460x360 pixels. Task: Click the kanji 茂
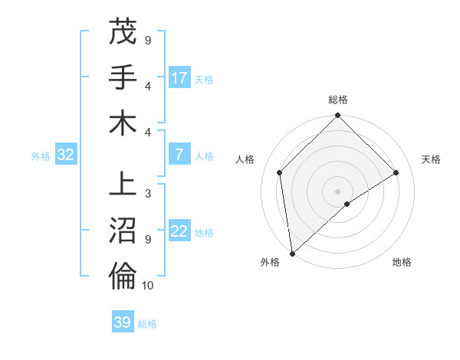coord(123,32)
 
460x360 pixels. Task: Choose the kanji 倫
coord(123,277)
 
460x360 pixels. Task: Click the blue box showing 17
coord(179,78)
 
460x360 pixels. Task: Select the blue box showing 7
coord(179,155)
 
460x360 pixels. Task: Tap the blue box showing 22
coord(179,232)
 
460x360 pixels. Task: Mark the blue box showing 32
coord(66,155)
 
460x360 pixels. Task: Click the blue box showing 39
coord(122,322)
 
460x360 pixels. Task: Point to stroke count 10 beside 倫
coord(148,286)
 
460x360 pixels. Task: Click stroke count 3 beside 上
coord(148,194)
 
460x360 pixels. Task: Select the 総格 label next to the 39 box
coord(147,323)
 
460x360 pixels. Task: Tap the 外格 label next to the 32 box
coord(41,155)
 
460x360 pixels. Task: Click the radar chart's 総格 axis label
coord(337,100)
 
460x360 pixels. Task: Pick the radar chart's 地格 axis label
coord(402,262)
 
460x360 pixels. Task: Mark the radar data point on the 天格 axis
coord(396,172)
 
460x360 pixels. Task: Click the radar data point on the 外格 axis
coord(292,253)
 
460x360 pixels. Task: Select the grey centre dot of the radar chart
coord(337,191)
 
